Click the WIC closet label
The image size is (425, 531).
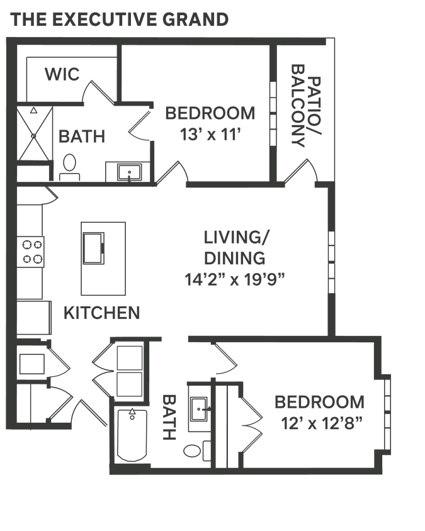tap(62, 75)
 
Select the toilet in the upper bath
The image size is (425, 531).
tap(69, 165)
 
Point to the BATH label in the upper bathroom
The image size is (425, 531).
tap(82, 136)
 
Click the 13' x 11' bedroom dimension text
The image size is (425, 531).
tap(210, 135)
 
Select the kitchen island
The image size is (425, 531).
tap(103, 257)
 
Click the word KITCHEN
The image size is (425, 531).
tap(101, 313)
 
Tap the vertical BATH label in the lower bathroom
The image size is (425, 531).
tap(169, 418)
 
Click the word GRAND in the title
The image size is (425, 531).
tap(195, 20)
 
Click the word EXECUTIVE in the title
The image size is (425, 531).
tap(104, 20)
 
